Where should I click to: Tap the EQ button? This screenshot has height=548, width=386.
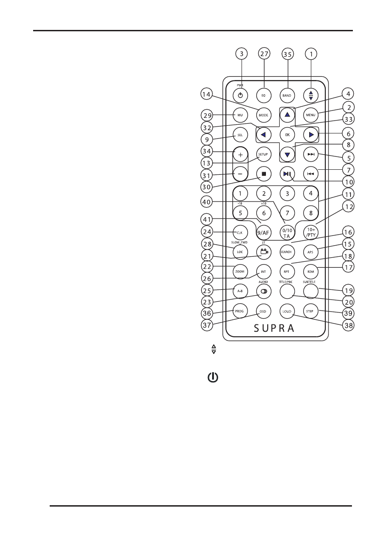264,95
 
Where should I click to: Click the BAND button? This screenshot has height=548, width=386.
288,95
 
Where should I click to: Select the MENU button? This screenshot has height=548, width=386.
311,115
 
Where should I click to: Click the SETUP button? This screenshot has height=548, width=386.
263,155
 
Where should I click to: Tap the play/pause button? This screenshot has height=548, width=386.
287,174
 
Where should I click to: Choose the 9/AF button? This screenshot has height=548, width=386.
264,233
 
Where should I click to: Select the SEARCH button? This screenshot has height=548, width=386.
287,252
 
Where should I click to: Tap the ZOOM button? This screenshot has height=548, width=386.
240,271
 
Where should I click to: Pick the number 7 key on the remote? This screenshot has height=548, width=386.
287,213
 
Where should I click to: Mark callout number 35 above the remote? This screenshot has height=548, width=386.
288,54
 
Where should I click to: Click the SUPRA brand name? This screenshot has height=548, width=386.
276,329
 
